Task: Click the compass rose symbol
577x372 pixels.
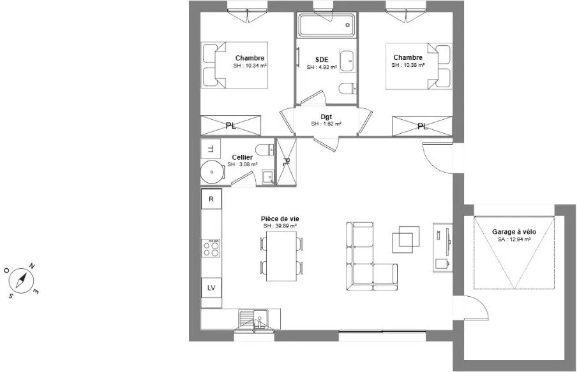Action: [x=21, y=281]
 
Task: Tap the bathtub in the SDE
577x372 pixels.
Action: [x=327, y=25]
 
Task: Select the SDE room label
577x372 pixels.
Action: [x=322, y=60]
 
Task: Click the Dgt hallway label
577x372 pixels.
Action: [x=326, y=117]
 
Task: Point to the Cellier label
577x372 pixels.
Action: [x=242, y=157]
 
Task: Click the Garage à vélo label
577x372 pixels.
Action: [x=514, y=232]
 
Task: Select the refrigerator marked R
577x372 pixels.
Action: [x=211, y=199]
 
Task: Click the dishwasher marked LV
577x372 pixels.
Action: [x=211, y=288]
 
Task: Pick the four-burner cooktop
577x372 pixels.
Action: [x=211, y=248]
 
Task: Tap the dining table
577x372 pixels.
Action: [x=281, y=256]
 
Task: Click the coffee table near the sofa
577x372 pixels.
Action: [x=405, y=240]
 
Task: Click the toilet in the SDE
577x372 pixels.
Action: [x=348, y=89]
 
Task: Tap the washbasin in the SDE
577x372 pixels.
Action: [x=348, y=61]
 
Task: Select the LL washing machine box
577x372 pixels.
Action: [x=211, y=148]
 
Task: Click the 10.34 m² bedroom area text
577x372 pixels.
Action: [x=250, y=66]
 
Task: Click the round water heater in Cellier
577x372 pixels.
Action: [x=213, y=172]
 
